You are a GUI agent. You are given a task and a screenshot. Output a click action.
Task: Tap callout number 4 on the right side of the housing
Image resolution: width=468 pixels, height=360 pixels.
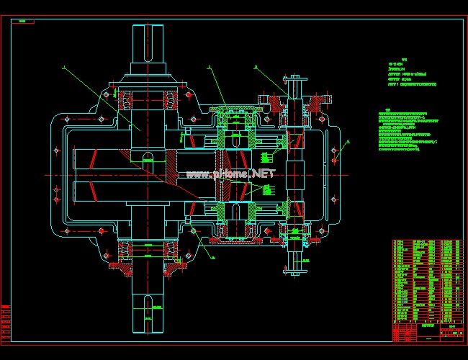[346, 142]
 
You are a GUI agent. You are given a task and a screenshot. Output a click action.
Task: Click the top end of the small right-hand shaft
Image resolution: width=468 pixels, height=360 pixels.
[294, 75]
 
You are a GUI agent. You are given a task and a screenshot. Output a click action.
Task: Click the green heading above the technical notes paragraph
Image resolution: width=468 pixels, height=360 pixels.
[387, 110]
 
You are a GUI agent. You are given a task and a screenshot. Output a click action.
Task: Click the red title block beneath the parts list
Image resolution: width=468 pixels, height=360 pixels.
[428, 332]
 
